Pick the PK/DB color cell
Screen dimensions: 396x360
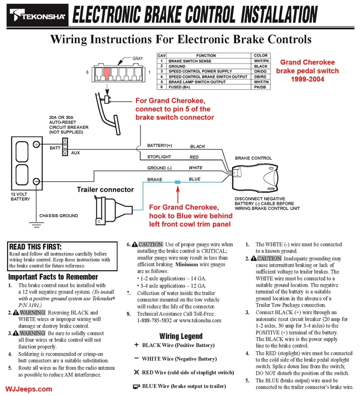(261, 86)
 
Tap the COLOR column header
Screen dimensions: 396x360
(261, 55)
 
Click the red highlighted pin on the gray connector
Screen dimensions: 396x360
(106, 73)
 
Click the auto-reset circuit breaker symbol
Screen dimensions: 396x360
(64, 148)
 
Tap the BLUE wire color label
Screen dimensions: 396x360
(195, 179)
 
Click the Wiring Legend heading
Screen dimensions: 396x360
(180, 336)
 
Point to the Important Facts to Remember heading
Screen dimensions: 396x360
(53, 277)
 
